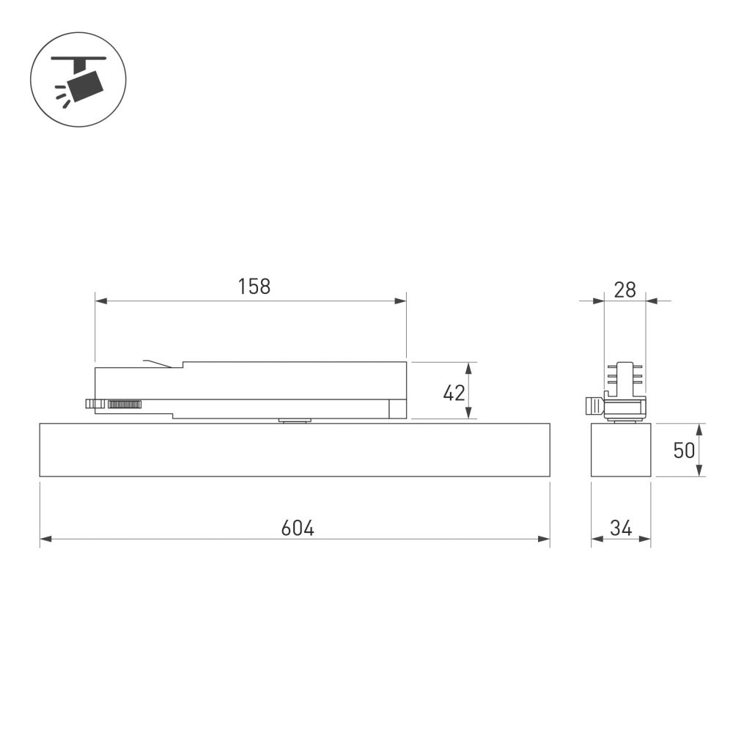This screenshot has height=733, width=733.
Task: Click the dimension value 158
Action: pos(254,287)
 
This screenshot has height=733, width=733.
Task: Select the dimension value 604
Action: pos(297,528)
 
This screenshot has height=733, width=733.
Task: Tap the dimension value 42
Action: pos(454,393)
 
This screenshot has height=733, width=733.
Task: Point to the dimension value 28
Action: pos(625,290)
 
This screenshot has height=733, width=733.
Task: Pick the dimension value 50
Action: pos(683,450)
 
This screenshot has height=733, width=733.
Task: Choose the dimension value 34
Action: pos(620,528)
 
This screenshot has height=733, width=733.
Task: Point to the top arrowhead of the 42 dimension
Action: pos(469,367)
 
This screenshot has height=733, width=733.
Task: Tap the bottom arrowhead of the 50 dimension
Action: pos(699,471)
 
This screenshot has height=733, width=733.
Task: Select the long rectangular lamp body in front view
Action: pos(294,450)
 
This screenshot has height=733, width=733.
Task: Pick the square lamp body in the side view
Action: pos(621,450)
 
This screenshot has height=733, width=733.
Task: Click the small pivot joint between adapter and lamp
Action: pos(294,421)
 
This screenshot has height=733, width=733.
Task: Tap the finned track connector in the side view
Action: pos(625,377)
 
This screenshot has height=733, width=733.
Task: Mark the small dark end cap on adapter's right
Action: pos(397,409)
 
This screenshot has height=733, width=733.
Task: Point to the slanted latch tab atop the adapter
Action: pos(158,364)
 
